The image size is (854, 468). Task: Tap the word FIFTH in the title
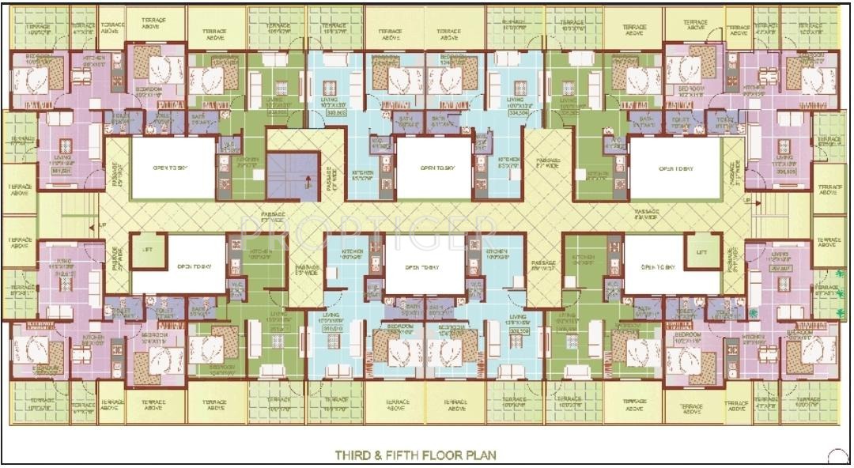pyautogui.click(x=404, y=455)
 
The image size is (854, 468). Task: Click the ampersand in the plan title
pyautogui.click(x=379, y=455)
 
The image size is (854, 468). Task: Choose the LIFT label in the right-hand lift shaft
pyautogui.click(x=701, y=252)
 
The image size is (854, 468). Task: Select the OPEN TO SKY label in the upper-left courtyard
pyautogui.click(x=172, y=168)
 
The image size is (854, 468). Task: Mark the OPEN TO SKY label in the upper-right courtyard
pyautogui.click(x=676, y=168)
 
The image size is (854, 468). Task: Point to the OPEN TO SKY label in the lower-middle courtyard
pyautogui.click(x=423, y=267)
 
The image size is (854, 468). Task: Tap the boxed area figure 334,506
pyautogui.click(x=519, y=113)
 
